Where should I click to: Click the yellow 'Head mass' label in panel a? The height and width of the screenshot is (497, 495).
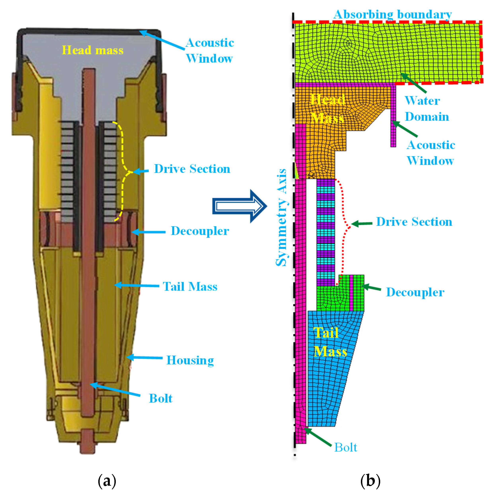coord(93,50)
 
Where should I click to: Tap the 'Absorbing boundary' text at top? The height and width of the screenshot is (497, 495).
coord(392,14)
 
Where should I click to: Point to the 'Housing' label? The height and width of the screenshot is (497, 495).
coord(190,360)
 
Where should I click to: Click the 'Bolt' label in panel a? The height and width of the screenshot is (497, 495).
coord(161,398)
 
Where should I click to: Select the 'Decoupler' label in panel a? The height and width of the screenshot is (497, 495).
coord(200,231)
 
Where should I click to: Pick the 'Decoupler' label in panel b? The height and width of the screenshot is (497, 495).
coord(415,292)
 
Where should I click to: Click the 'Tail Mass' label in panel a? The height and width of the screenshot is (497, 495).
coord(190,286)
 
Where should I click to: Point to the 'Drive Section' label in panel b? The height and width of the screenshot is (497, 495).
coord(414,221)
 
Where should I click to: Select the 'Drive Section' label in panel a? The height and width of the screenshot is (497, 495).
coord(192,169)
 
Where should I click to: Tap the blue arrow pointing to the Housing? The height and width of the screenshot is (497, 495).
coord(144,358)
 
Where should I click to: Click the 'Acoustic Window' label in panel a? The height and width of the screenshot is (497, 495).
coord(209,50)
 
